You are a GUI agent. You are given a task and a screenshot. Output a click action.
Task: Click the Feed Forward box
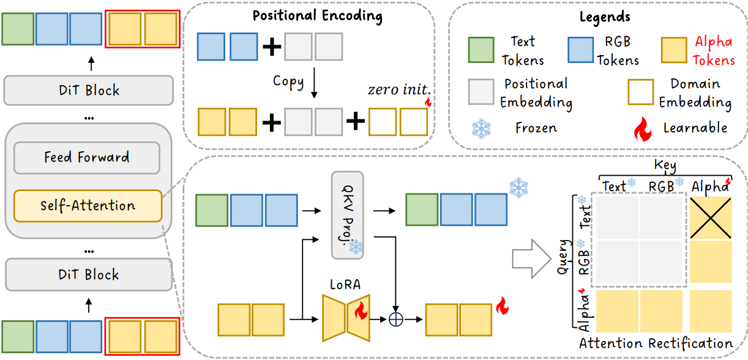click(87, 157)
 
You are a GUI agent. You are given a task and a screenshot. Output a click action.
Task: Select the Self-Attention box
click(88, 206)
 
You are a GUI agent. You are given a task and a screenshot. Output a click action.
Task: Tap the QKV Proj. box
click(347, 215)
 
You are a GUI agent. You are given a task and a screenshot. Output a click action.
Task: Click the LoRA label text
click(345, 285)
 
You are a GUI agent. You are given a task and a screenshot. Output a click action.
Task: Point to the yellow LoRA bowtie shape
click(346, 318)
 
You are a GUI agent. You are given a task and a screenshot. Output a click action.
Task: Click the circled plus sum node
click(395, 320)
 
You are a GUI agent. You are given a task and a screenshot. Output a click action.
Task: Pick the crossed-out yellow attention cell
click(711, 218)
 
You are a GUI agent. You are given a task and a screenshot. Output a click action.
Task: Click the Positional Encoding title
click(318, 16)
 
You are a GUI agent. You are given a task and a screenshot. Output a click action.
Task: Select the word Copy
click(288, 81)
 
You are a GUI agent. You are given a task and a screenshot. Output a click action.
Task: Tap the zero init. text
click(399, 89)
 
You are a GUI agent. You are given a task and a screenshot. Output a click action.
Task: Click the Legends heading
click(605, 17)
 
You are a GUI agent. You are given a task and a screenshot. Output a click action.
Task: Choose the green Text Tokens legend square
click(481, 50)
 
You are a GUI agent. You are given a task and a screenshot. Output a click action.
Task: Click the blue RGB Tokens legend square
click(581, 50)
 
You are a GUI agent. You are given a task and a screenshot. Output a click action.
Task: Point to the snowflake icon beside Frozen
click(481, 129)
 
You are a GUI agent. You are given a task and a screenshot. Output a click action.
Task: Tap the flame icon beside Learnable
click(642, 129)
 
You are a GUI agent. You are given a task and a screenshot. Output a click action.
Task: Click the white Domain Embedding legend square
click(640, 92)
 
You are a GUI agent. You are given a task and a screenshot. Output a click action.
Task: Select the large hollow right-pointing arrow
click(531, 259)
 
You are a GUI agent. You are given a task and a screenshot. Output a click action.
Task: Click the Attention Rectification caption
click(656, 343)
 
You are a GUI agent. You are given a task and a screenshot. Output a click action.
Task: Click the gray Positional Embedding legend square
click(481, 92)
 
